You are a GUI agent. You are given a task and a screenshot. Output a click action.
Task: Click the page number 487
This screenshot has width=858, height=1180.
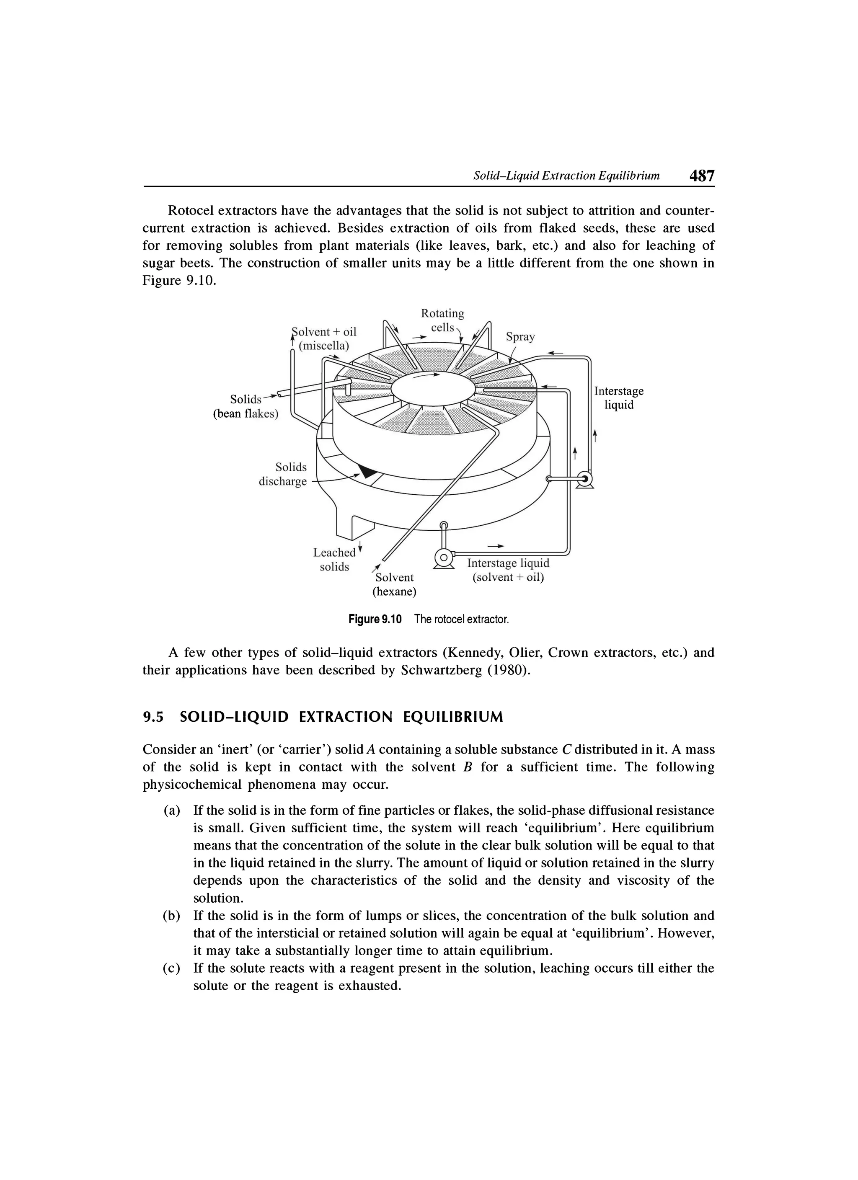[701, 176]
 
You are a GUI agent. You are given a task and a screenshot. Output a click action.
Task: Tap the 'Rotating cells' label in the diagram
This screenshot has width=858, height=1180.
[442, 320]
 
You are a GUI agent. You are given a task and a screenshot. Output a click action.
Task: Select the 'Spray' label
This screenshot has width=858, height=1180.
[520, 337]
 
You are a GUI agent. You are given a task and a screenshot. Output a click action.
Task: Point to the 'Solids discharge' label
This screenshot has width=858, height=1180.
[284, 474]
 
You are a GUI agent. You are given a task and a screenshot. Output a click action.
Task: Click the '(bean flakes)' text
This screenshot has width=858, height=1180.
[246, 414]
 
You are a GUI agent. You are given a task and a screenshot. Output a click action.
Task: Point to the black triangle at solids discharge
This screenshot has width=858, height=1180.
[368, 471]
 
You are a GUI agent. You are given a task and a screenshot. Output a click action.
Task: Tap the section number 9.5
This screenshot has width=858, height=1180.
[153, 718]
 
